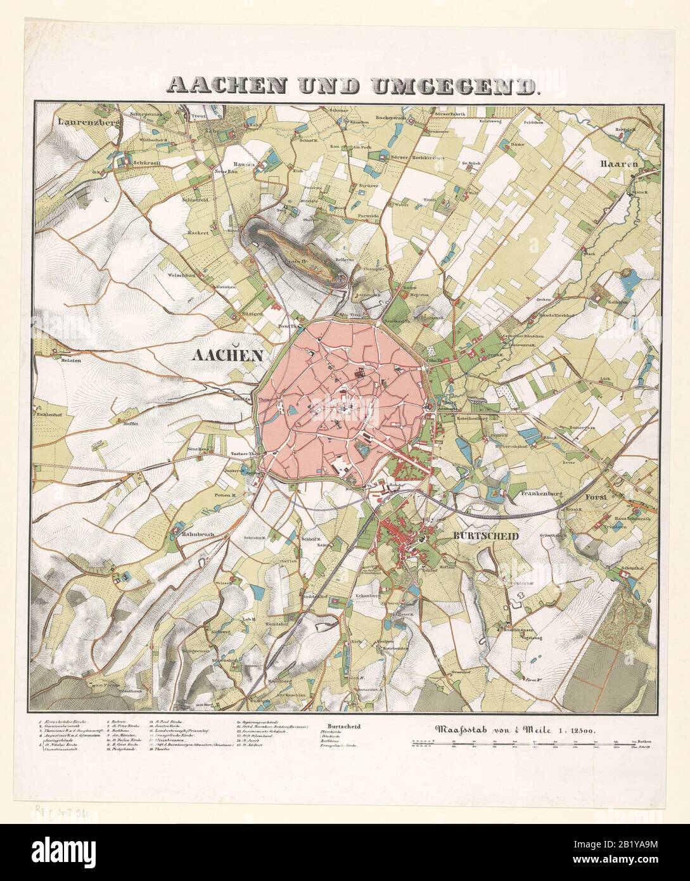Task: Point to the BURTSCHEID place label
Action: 486,536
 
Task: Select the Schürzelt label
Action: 145,163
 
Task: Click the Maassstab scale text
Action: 513,730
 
